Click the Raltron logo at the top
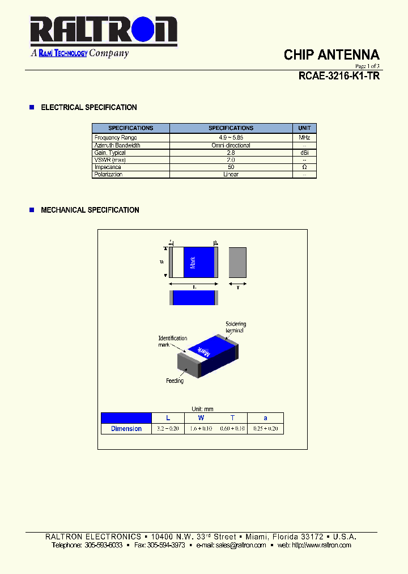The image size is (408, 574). pos(103,31)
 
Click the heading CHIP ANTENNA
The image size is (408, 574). pos(331,55)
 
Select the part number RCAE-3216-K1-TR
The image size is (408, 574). pos(339,76)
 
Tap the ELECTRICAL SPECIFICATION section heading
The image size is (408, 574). pos(89,107)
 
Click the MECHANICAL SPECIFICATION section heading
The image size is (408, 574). pos(90,210)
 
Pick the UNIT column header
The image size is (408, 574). pos(304,128)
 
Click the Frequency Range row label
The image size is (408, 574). pos(116,138)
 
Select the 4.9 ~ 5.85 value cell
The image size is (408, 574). pos(231,138)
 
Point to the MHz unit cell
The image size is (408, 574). pos(304,138)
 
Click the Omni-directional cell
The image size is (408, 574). pos(231,145)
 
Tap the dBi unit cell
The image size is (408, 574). pos(304,153)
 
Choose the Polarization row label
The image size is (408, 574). pos(108,175)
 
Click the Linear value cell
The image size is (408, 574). pos(231,175)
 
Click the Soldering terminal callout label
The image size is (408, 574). pos(236,327)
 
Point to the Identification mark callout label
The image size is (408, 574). pos(173,341)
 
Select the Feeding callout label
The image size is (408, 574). pos(175,381)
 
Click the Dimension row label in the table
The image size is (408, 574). pos(126,429)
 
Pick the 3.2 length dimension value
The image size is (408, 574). pos(168,429)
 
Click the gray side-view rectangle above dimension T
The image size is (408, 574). pos(237,262)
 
